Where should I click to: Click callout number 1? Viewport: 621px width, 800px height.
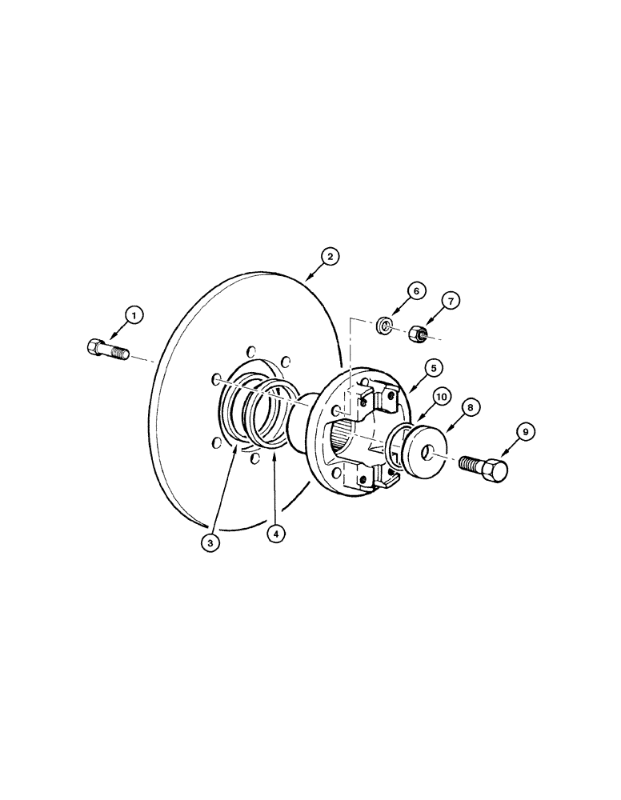click(x=134, y=316)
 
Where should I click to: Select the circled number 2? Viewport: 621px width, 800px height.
click(x=329, y=257)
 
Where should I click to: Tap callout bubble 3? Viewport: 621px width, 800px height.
click(x=210, y=542)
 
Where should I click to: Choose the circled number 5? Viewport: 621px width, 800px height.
click(x=431, y=368)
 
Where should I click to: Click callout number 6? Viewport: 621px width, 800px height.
click(x=415, y=291)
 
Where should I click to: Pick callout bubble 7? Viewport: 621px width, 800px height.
click(x=451, y=301)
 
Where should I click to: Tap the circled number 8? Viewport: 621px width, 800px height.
click(x=471, y=407)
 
